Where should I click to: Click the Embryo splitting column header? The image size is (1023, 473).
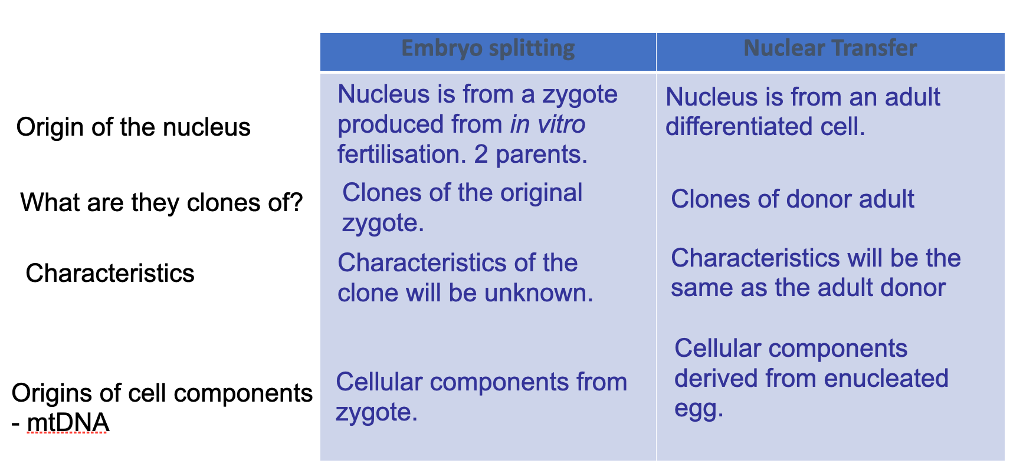[488, 48]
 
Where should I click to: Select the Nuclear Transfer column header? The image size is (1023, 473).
[830, 48]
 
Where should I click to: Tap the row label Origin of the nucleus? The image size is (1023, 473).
[133, 127]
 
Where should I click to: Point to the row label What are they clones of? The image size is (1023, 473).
[162, 203]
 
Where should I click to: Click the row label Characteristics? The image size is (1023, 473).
[110, 274]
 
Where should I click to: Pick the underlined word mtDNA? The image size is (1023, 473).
[68, 423]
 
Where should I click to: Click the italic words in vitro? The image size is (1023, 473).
[548, 124]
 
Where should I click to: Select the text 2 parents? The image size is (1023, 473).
[531, 155]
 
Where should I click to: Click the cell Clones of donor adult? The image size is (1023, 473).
[792, 199]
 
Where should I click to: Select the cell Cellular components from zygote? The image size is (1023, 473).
[481, 397]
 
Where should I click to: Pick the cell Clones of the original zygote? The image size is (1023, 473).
[463, 208]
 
